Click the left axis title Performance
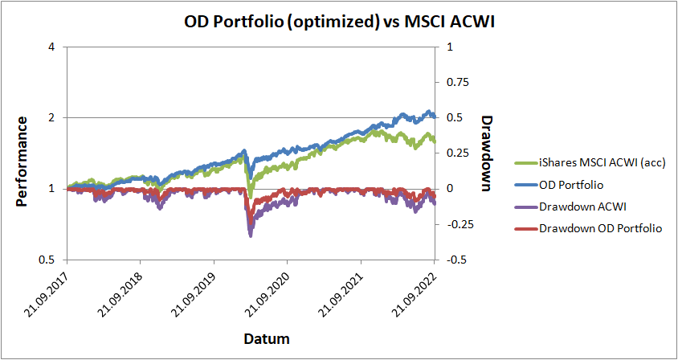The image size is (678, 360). (x=22, y=161)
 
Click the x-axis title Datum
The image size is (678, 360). (x=268, y=339)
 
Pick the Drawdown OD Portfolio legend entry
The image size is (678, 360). (x=600, y=228)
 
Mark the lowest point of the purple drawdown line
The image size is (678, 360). (x=251, y=235)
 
